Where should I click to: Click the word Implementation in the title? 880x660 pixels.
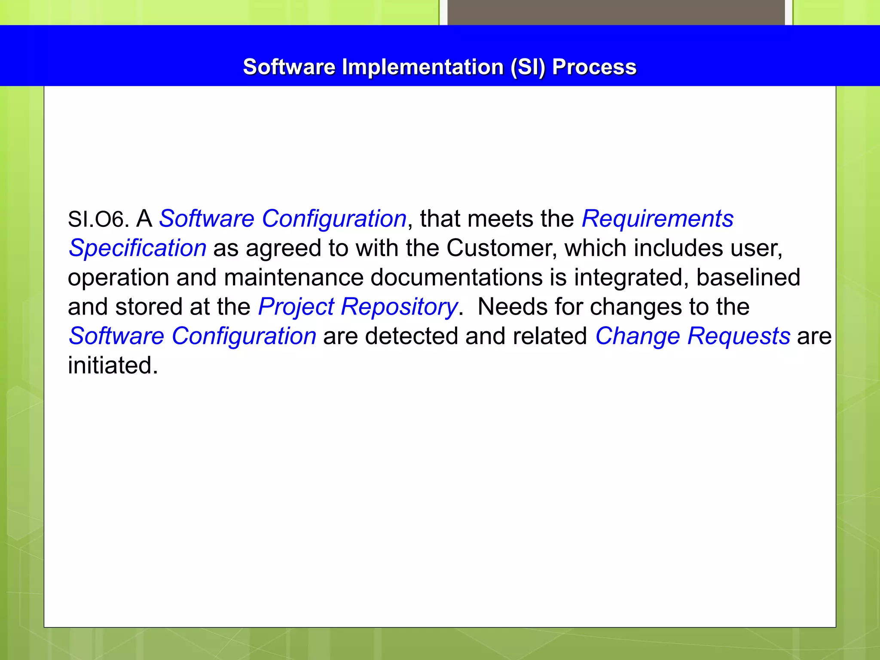click(x=422, y=67)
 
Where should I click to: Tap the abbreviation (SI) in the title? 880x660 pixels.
click(x=528, y=67)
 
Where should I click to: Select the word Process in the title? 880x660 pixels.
click(x=594, y=67)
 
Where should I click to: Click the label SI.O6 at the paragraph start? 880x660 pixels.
click(x=98, y=219)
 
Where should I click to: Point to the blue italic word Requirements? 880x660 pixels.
click(x=657, y=219)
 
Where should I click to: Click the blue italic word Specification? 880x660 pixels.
click(x=137, y=248)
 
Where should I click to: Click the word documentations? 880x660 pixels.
click(x=456, y=277)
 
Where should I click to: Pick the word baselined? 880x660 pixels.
click(x=748, y=277)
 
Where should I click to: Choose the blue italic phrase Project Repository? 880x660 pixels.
click(x=357, y=307)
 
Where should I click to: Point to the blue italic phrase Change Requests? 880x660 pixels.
click(x=692, y=336)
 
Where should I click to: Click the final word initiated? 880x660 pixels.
click(x=113, y=365)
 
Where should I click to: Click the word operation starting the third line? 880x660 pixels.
click(x=118, y=278)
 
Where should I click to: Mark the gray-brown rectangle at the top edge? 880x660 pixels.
click(x=616, y=12)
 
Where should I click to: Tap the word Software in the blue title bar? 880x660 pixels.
click(x=289, y=67)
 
